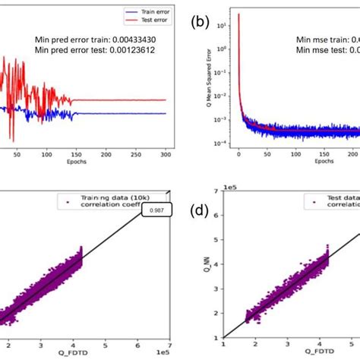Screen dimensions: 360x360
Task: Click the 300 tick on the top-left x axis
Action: click(x=165, y=152)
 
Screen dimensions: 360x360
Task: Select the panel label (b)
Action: click(x=200, y=23)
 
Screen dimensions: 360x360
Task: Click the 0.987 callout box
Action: click(x=156, y=210)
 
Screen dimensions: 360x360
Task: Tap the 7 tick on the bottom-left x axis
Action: click(x=168, y=343)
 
